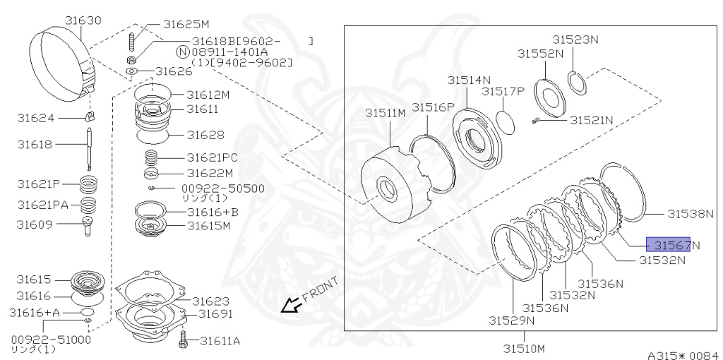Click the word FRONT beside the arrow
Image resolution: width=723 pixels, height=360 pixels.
(320, 288)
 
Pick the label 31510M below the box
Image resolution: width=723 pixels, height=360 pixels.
(524, 348)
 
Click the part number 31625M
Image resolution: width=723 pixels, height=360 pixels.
(186, 24)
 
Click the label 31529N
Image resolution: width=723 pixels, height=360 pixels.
(511, 320)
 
